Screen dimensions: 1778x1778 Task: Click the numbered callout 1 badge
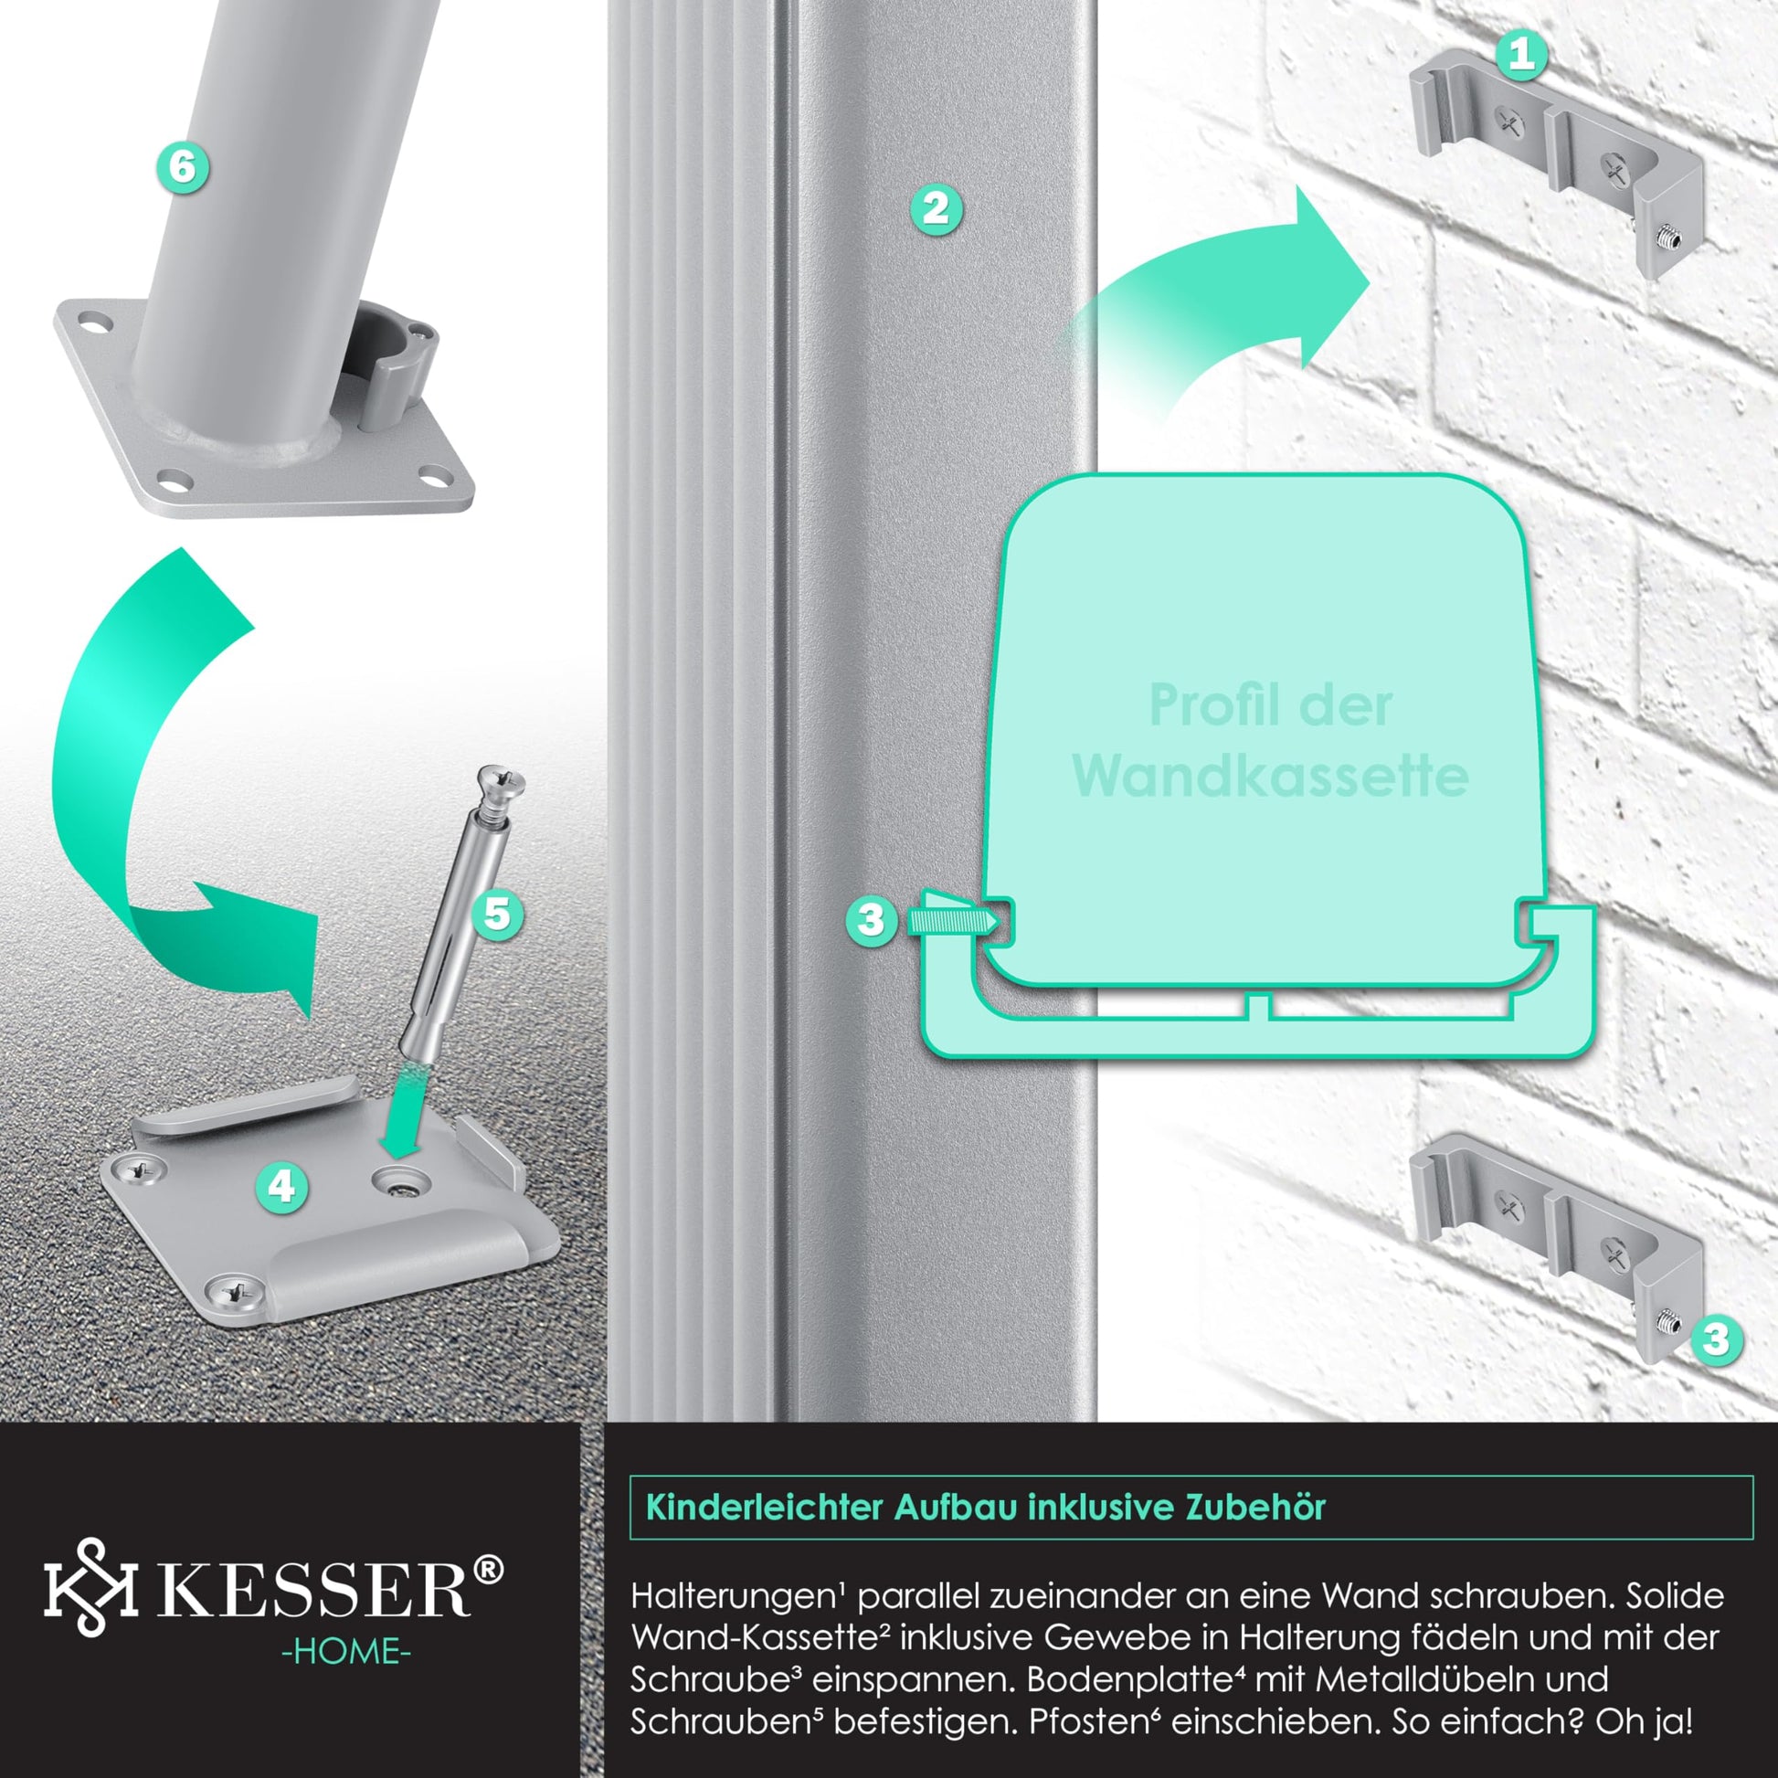point(1522,55)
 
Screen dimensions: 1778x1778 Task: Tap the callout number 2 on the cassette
point(936,209)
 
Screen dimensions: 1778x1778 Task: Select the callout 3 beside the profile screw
point(871,919)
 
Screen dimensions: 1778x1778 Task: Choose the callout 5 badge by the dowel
point(497,914)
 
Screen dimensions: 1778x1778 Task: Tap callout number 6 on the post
point(183,167)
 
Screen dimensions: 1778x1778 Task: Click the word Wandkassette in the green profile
point(1269,777)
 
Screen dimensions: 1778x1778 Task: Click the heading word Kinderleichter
point(765,1507)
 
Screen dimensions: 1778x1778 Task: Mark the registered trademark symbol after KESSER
point(490,1568)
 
